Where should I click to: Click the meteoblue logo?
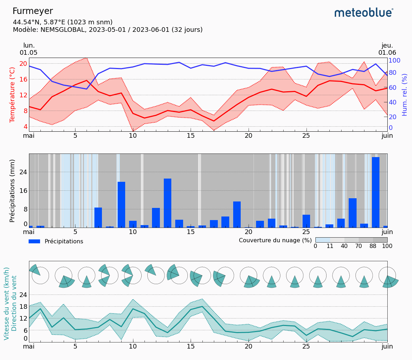pyautogui.click(x=364, y=13)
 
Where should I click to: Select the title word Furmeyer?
pyautogui.click(x=33, y=11)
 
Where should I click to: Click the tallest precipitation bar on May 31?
pyautogui.click(x=376, y=192)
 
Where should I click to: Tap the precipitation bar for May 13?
pyautogui.click(x=167, y=203)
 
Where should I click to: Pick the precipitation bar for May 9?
pyautogui.click(x=121, y=204)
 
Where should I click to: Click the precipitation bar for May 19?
pyautogui.click(x=237, y=214)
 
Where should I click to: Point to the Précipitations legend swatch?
pyautogui.click(x=34, y=242)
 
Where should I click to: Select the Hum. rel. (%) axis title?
pyautogui.click(x=404, y=95)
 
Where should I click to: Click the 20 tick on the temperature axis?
pyautogui.click(x=23, y=64)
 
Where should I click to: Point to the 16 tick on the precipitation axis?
pyautogui.click(x=23, y=190)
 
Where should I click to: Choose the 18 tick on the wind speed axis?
pyautogui.click(x=23, y=306)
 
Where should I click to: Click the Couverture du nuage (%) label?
pyautogui.click(x=275, y=240)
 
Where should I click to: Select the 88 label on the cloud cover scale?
pyautogui.click(x=373, y=246)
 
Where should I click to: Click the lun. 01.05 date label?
pyautogui.click(x=29, y=49)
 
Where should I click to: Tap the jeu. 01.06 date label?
pyautogui.click(x=387, y=49)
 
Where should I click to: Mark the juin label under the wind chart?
pyautogui.click(x=387, y=346)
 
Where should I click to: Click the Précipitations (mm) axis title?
pyautogui.click(x=13, y=191)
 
